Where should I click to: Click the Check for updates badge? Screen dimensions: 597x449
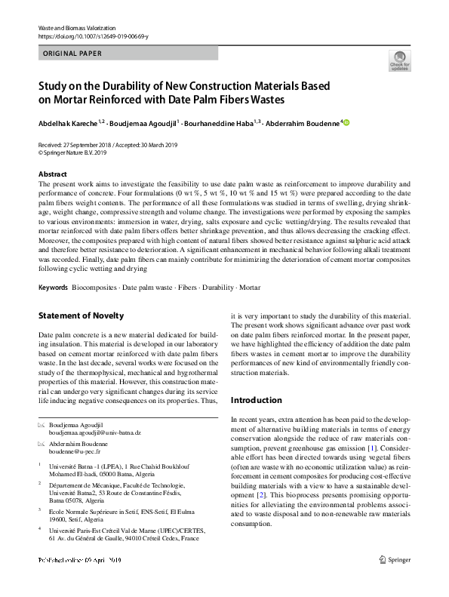(x=399, y=60)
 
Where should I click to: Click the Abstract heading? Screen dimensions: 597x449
(x=52, y=174)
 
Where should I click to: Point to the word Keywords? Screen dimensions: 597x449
(x=53, y=288)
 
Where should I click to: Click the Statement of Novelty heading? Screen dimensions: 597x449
(x=81, y=315)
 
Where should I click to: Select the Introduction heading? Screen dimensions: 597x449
(x=257, y=400)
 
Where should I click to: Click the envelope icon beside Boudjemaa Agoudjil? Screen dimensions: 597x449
(x=41, y=425)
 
